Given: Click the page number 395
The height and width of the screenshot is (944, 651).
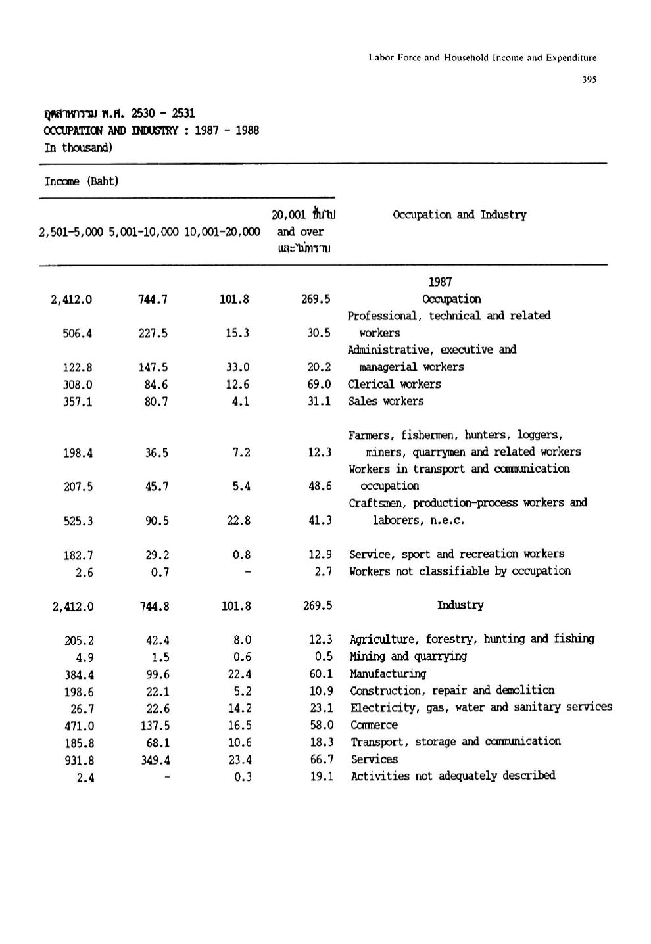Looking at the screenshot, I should (x=589, y=80).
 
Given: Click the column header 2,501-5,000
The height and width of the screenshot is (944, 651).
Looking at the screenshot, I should (x=71, y=232).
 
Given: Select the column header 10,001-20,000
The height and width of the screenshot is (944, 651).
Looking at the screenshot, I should (x=222, y=232).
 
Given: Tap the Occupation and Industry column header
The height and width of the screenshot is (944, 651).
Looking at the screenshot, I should (x=459, y=215).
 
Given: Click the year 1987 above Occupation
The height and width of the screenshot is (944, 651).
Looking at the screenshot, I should (x=440, y=282).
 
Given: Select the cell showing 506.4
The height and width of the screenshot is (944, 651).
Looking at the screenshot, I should (x=78, y=333).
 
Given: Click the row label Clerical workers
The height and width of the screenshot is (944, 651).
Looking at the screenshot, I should (x=395, y=385).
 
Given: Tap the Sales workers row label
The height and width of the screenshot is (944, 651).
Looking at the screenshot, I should (x=386, y=402).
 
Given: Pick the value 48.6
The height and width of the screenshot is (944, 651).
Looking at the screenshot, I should (x=320, y=486).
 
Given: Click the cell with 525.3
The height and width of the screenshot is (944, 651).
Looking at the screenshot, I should (x=78, y=521).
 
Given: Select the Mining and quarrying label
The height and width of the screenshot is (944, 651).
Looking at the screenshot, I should (x=408, y=657).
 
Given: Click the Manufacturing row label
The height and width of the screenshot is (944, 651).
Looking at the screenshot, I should (x=388, y=674).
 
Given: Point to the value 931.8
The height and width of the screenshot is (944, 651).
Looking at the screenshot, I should (x=79, y=760).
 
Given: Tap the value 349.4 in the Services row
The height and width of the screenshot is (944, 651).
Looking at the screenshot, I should (x=155, y=760).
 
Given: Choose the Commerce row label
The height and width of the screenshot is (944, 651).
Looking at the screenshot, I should (x=374, y=725).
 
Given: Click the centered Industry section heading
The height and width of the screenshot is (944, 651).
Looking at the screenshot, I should (x=460, y=605).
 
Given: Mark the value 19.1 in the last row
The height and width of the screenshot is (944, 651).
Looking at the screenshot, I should (x=322, y=776).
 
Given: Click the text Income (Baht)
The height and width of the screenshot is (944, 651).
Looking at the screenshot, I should (x=82, y=181).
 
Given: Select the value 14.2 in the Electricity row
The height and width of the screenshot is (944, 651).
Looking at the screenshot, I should (x=237, y=709).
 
